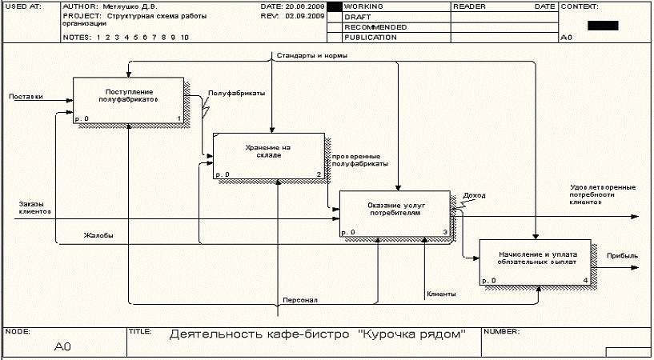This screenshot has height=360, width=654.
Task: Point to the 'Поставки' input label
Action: (x=26, y=97)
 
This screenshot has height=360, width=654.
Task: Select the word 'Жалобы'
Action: (x=98, y=235)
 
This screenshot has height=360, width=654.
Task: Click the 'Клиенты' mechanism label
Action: (x=441, y=294)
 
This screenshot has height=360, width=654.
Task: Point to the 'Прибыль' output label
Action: (x=623, y=256)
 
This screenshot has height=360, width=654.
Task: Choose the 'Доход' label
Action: (x=474, y=195)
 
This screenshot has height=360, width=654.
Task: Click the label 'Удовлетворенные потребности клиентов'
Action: (x=603, y=194)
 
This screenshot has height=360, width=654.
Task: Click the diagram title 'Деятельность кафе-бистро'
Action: (x=318, y=335)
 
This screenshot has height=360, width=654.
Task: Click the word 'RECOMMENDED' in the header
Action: (x=375, y=27)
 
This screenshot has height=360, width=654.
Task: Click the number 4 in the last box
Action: (x=585, y=280)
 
